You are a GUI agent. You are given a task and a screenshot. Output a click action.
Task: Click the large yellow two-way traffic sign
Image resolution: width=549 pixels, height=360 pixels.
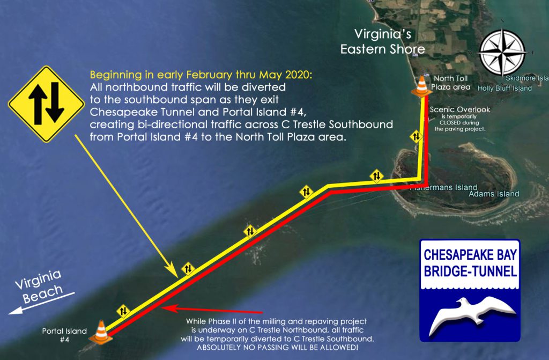pyautogui.click(x=46, y=104)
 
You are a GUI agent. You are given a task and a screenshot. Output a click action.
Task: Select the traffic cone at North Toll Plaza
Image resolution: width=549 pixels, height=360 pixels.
pyautogui.click(x=421, y=86)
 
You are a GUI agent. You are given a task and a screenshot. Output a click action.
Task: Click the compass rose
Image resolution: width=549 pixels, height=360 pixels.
pyautogui.click(x=502, y=53)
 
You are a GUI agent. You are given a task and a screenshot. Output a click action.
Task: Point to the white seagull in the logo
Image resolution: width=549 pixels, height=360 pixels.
pyautogui.click(x=471, y=314)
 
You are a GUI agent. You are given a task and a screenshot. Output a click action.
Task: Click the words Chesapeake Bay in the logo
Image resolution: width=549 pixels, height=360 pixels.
pyautogui.click(x=470, y=255)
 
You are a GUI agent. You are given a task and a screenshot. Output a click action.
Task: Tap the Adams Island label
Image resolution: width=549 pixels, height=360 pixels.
pyautogui.click(x=494, y=194)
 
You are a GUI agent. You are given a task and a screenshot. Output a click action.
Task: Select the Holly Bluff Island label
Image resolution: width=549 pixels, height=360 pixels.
pyautogui.click(x=505, y=89)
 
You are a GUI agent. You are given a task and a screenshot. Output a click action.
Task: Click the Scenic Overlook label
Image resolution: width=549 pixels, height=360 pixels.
pyautogui.click(x=459, y=110)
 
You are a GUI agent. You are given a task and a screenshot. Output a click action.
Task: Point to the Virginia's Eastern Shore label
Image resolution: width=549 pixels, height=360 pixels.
pyautogui.click(x=383, y=42)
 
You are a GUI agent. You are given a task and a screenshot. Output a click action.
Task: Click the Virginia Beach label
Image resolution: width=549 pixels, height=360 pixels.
pyautogui.click(x=39, y=286)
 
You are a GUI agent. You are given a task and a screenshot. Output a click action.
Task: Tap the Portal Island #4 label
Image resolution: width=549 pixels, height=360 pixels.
pyautogui.click(x=64, y=335)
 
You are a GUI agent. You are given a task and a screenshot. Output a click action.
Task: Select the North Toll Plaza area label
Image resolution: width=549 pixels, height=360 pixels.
pyautogui.click(x=450, y=83)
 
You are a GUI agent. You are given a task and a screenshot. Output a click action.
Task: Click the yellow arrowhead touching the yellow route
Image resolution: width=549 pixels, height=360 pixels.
pyautogui.click(x=172, y=270)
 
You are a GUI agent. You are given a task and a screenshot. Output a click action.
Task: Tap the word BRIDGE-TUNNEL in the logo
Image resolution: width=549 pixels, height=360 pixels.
pyautogui.click(x=470, y=271)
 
